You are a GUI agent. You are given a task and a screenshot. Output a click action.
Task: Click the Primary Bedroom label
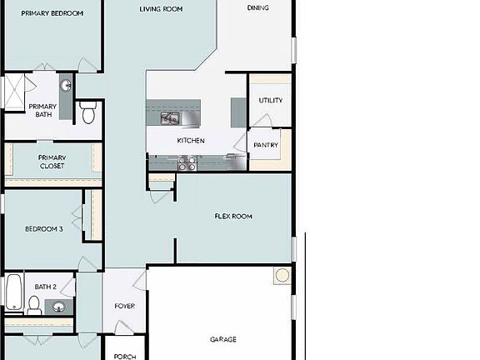(x=52, y=13)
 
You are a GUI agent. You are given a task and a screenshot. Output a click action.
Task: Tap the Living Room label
(x=161, y=9)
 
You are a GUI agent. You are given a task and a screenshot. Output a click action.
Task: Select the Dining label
(x=257, y=8)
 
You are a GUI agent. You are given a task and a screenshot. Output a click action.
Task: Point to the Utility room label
(x=270, y=101)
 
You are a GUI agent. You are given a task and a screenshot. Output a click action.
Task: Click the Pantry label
(x=266, y=145)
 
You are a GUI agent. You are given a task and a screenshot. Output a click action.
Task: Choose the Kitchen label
(x=190, y=141)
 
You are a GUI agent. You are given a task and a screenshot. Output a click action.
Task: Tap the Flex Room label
(x=233, y=217)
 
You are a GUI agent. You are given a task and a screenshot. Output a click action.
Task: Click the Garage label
(x=222, y=339)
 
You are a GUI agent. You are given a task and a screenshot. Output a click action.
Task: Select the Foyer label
(x=124, y=306)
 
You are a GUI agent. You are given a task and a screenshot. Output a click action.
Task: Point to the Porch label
(x=124, y=357)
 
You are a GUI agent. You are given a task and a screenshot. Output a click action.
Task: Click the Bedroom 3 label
(x=43, y=229)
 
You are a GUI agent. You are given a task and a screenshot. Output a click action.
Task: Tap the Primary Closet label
(x=52, y=162)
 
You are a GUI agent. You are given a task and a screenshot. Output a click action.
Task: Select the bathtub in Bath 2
(x=13, y=292)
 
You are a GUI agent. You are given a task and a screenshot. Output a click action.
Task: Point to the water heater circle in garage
(x=282, y=276)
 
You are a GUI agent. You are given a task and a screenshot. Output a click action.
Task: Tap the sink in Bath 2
(x=58, y=307)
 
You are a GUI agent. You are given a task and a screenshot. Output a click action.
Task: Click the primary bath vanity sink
(x=65, y=85)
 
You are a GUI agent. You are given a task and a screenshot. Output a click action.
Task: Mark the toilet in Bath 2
(x=35, y=307)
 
